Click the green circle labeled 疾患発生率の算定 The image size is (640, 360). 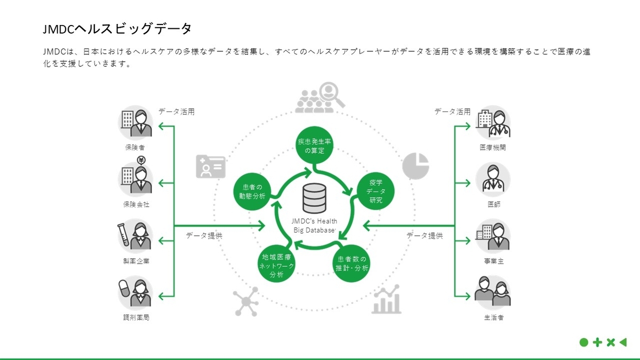tap(315, 146)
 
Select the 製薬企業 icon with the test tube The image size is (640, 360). tap(135, 235)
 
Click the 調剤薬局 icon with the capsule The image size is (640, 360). tap(135, 292)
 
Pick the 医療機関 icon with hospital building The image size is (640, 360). tap(493, 123)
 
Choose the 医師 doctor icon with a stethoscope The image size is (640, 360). tap(493, 179)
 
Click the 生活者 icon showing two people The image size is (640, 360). tap(493, 292)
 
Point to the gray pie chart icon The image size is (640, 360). tap(416, 165)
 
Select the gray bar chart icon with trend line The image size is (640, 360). tap(387, 300)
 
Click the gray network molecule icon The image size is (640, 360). tap(246, 301)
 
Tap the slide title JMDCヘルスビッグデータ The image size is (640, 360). tap(117, 28)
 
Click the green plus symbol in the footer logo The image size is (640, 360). tap(597, 342)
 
